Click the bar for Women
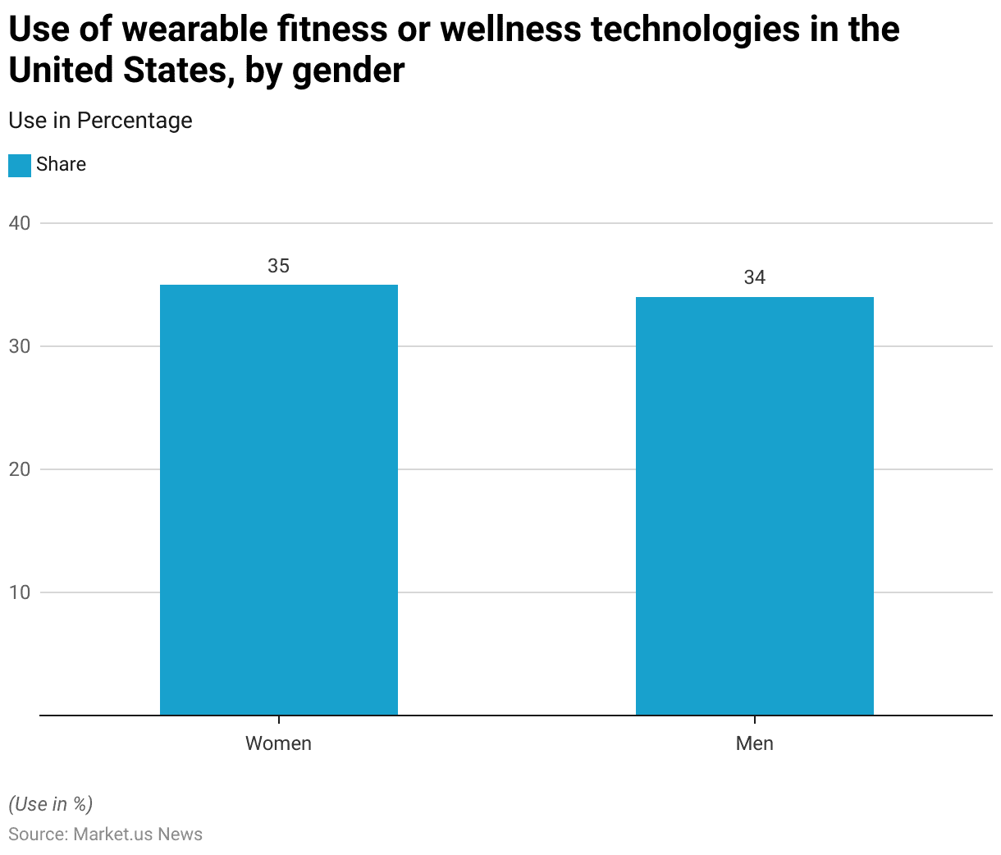279,500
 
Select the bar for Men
754,505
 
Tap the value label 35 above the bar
279,266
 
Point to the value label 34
754,278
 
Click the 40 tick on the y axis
20,223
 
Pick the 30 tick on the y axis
20,346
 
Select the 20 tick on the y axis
20,469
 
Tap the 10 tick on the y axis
20,592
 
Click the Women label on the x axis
279,743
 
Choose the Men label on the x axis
754,743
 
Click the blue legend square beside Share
20,165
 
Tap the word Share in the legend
61,164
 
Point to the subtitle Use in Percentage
100,121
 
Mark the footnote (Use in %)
51,803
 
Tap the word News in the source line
181,834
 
